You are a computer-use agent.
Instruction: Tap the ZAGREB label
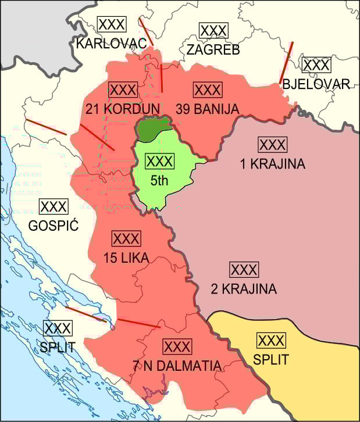(x=213, y=49)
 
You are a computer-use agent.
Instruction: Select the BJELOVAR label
(x=316, y=84)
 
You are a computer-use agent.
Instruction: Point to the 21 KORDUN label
(x=122, y=109)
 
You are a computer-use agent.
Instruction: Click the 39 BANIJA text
(x=207, y=109)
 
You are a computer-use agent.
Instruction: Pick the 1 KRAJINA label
(x=272, y=164)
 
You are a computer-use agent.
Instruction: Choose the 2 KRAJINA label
(x=244, y=288)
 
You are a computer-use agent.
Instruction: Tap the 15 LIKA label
(x=126, y=258)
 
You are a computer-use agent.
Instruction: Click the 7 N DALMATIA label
(x=177, y=366)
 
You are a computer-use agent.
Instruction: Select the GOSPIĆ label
(x=54, y=225)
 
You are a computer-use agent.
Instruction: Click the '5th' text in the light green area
(x=159, y=180)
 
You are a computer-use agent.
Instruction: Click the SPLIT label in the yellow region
(x=270, y=359)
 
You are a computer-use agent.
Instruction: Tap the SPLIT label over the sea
(x=57, y=347)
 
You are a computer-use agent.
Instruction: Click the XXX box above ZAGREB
(x=213, y=31)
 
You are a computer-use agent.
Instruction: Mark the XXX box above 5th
(x=159, y=161)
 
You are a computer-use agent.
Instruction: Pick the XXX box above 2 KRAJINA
(x=244, y=270)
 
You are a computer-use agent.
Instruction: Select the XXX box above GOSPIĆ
(x=54, y=206)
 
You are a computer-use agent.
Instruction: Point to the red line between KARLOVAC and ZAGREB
(x=146, y=31)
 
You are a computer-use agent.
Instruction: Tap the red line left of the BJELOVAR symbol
(x=286, y=63)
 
